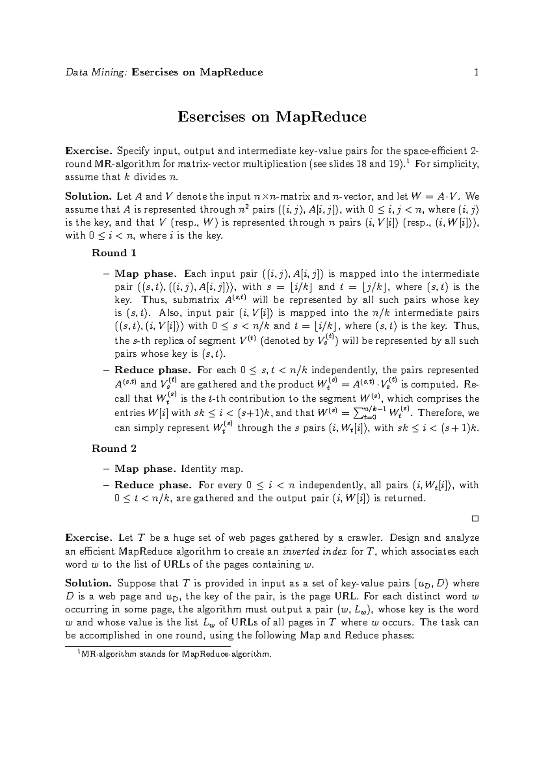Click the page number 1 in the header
click(x=476, y=72)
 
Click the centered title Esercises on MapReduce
click(x=272, y=117)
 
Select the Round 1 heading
click(x=114, y=253)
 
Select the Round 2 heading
click(x=114, y=448)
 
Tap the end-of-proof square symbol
click(x=475, y=518)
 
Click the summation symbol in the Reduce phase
click(x=358, y=413)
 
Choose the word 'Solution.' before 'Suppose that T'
click(x=88, y=583)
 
